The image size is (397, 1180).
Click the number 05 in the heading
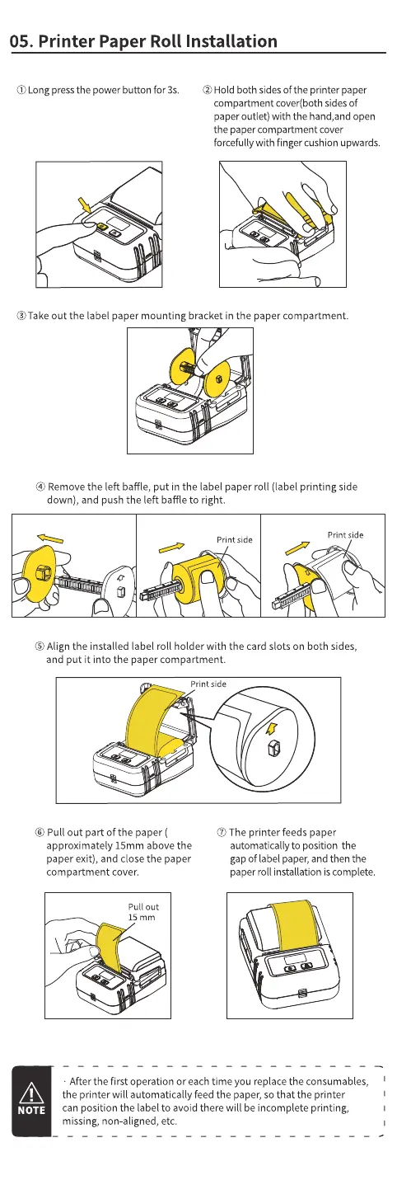(x=21, y=41)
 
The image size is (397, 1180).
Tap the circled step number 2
(x=207, y=90)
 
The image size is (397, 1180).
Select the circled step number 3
(x=21, y=316)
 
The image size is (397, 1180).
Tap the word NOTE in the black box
(x=31, y=1110)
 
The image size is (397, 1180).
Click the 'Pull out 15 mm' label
(x=142, y=912)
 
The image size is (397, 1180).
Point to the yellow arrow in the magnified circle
(x=271, y=729)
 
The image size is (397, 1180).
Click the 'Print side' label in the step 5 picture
(x=208, y=684)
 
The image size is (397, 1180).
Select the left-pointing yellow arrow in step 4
(x=50, y=538)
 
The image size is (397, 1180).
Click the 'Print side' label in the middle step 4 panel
(x=234, y=539)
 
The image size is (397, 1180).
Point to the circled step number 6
(x=40, y=832)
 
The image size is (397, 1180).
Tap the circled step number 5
(x=40, y=646)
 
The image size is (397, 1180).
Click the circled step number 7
(x=222, y=832)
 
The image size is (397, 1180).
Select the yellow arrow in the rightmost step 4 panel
(x=298, y=548)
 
